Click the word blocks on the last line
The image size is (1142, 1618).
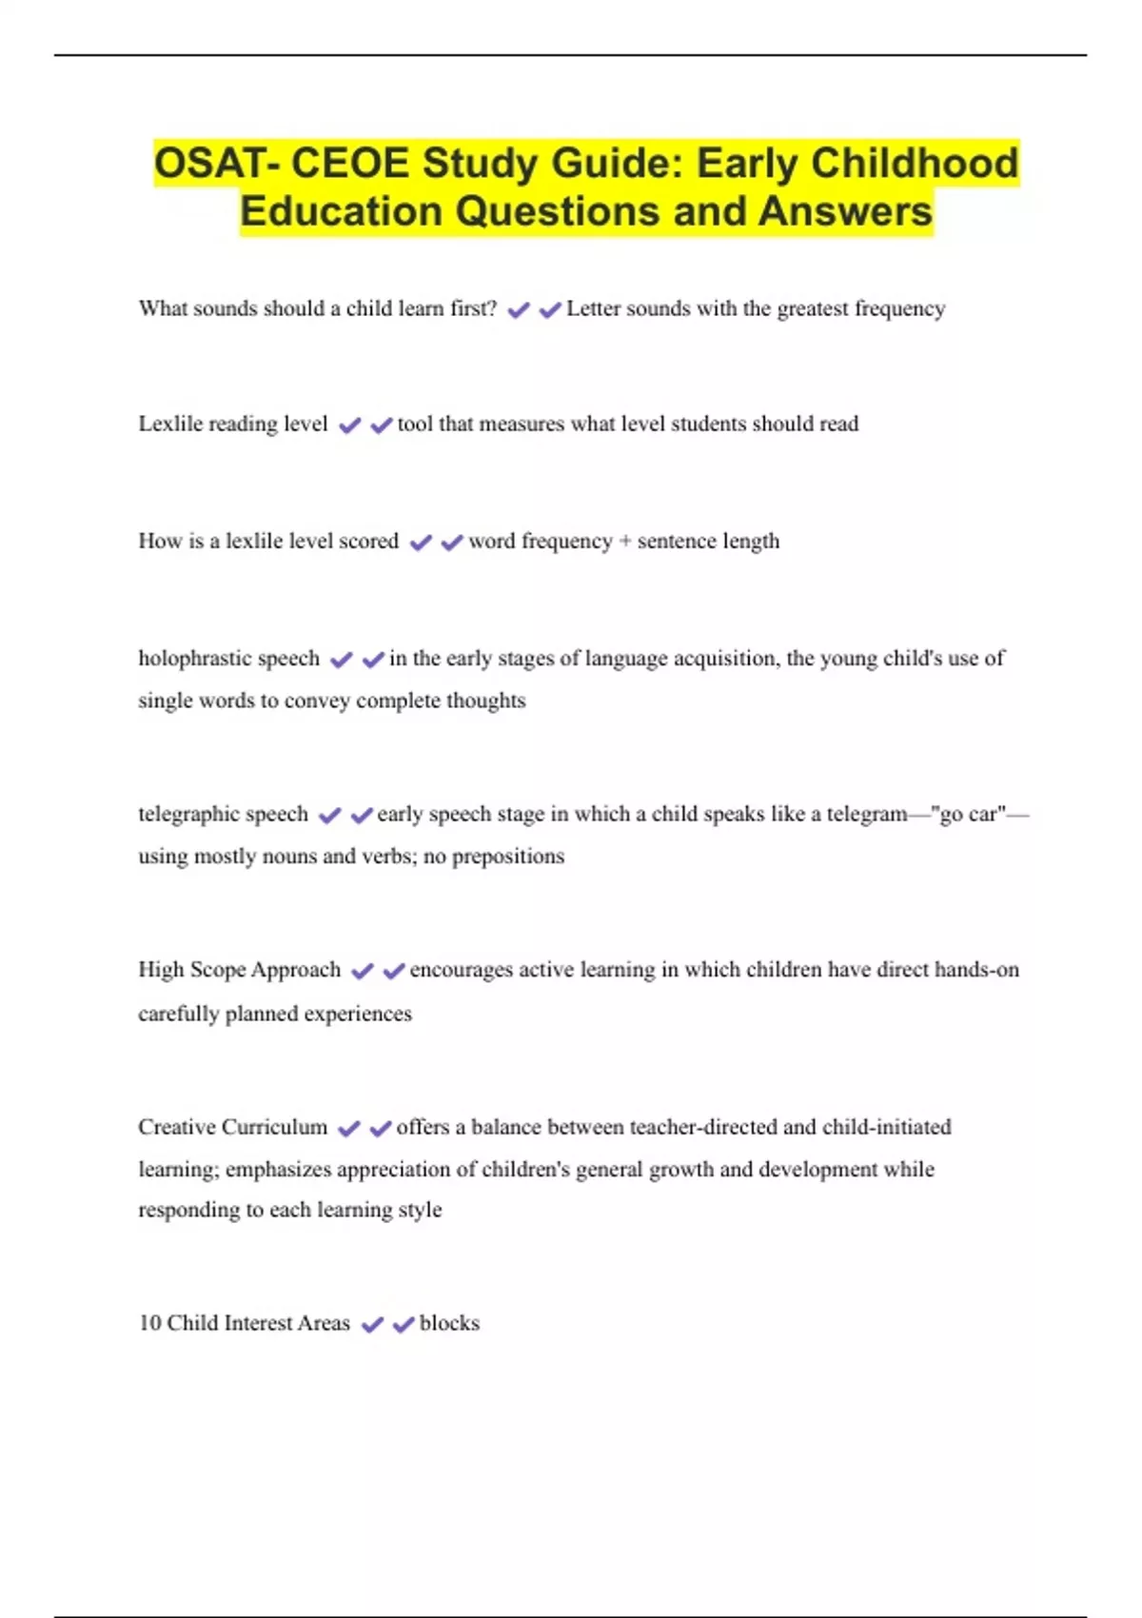[x=449, y=1323]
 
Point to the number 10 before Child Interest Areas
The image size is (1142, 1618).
[x=149, y=1323]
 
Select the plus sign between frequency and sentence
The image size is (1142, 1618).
[x=625, y=542]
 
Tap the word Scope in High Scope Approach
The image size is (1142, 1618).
[x=218, y=970]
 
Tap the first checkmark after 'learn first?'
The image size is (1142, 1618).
[x=519, y=310]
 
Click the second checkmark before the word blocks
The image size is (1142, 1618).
[x=404, y=1324]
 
